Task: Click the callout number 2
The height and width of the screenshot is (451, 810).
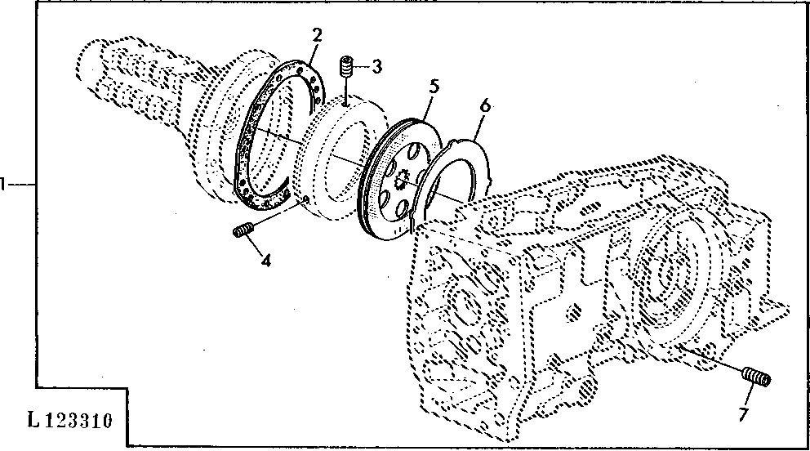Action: point(317,36)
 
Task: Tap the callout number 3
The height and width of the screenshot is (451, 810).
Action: point(377,66)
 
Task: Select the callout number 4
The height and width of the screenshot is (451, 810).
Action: point(265,261)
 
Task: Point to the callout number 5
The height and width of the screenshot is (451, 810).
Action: point(434,87)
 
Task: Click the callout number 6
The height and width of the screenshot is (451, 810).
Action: point(484,105)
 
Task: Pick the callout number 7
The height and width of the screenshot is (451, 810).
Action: point(743,413)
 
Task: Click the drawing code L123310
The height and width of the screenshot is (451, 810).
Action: point(69,421)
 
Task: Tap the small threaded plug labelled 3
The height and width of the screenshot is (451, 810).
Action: point(345,66)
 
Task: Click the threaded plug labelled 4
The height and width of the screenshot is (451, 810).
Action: point(242,230)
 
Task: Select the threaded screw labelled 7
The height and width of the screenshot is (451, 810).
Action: point(756,377)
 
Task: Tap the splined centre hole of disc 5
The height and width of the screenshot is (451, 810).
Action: point(400,181)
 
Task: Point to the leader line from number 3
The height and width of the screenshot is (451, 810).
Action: point(362,67)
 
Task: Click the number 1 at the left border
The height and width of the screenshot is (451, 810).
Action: point(2,184)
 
